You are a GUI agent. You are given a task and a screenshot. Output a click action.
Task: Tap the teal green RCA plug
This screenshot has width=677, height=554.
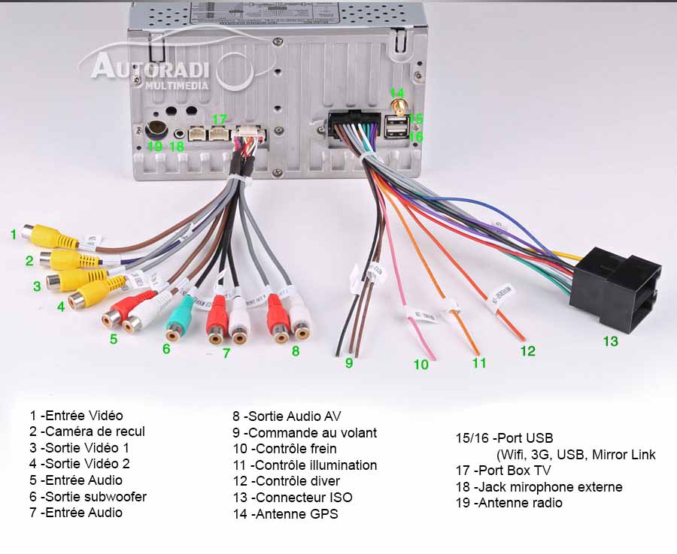click(180, 320)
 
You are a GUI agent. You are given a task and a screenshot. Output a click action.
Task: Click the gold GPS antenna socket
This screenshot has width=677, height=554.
click(398, 107)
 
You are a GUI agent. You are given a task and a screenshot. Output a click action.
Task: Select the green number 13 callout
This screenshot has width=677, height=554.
click(610, 341)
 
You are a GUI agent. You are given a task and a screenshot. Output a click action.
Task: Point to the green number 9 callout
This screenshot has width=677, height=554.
click(349, 363)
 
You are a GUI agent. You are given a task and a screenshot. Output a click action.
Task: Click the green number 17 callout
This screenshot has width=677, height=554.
click(219, 120)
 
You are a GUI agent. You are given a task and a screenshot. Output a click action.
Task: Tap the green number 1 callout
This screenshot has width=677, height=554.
click(14, 235)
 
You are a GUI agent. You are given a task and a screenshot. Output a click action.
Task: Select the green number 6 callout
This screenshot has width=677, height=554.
click(166, 349)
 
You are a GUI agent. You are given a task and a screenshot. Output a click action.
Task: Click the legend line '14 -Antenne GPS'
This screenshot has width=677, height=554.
click(285, 514)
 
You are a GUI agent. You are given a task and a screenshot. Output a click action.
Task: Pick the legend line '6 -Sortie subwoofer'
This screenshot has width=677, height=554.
click(88, 496)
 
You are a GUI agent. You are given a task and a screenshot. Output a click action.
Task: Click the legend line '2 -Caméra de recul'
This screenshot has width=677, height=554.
click(87, 431)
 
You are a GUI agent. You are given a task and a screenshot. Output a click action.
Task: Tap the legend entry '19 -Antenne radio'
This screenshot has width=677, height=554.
click(509, 503)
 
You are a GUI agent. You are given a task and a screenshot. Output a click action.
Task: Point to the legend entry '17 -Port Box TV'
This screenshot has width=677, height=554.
click(502, 471)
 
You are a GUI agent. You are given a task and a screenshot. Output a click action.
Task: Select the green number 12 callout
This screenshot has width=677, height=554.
click(527, 350)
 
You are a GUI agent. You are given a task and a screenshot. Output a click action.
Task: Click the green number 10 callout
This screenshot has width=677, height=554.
click(420, 365)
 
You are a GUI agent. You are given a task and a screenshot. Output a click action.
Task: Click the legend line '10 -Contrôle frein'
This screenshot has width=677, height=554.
click(284, 449)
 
